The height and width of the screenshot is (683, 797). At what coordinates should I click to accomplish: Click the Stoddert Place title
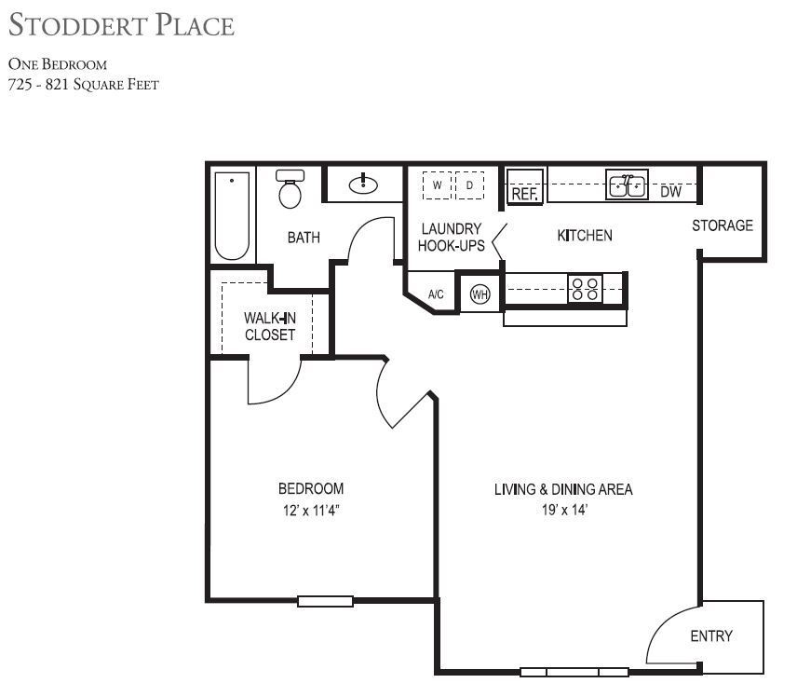(x=121, y=25)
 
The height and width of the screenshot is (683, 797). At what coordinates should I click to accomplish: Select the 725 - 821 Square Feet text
(x=83, y=85)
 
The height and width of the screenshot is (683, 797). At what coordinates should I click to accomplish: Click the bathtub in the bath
(x=232, y=215)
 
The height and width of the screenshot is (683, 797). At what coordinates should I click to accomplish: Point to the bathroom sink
(x=363, y=184)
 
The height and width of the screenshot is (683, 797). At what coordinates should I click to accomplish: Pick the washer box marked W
(x=436, y=185)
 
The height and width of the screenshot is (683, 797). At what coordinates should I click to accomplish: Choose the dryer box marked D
(x=469, y=185)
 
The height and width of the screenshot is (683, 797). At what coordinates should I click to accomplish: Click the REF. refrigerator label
(x=525, y=194)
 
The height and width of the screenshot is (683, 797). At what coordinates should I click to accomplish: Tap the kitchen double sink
(x=628, y=184)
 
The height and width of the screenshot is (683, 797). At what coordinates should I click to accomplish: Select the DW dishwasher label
(x=670, y=193)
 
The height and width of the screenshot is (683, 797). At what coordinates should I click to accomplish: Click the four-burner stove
(x=586, y=289)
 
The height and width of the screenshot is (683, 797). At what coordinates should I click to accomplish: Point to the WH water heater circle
(x=480, y=294)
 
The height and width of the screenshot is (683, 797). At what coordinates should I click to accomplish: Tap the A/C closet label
(x=436, y=294)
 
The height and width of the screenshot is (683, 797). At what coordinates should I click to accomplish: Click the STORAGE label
(x=723, y=225)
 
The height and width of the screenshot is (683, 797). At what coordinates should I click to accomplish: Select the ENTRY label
(x=711, y=636)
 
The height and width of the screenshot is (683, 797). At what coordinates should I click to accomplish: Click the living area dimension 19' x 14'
(x=562, y=510)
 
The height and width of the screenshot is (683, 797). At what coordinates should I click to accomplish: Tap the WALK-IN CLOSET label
(x=270, y=326)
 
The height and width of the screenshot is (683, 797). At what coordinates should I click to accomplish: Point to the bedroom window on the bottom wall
(x=325, y=601)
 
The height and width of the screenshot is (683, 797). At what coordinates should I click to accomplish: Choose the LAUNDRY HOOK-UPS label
(x=452, y=238)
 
